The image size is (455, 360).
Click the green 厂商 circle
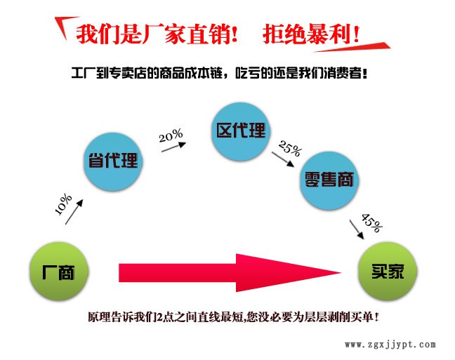pos(59,272)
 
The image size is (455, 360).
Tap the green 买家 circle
pos(388,272)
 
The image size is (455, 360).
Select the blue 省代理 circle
pos(113,161)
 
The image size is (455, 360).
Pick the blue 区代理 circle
pos(241,131)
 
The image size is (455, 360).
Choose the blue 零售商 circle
pos(329,180)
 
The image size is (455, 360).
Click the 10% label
pos(63,204)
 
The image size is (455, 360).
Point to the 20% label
pos(171,135)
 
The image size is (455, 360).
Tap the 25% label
pos(290,148)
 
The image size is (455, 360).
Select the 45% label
pos(371,222)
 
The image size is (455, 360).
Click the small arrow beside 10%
pos(74,212)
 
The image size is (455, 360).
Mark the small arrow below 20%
pos(173,147)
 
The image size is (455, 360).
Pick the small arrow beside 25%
pos(283,159)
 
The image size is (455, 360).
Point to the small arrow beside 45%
pos(357,229)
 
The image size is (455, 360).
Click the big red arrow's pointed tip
pos(341,272)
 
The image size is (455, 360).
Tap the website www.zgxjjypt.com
pos(390,345)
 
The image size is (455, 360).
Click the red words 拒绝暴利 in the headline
pos(306,34)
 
